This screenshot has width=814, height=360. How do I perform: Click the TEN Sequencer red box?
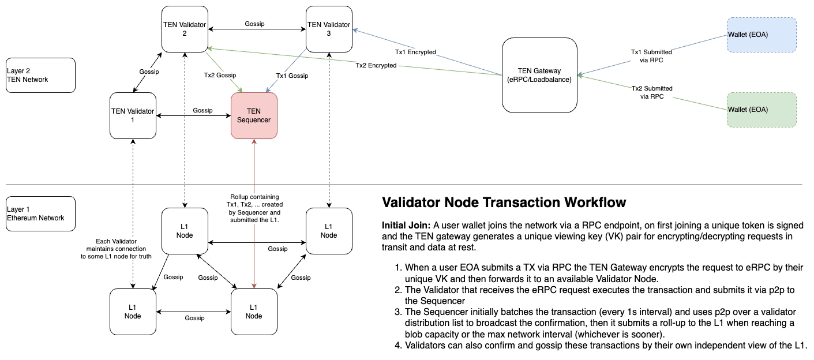pos(254,115)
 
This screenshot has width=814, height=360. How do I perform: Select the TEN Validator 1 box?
pos(133,115)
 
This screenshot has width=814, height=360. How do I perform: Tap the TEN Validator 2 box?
pos(185,29)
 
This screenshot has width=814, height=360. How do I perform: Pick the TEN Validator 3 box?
pos(329,29)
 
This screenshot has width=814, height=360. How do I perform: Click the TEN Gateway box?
pos(539,75)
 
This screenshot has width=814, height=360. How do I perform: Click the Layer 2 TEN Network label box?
pos(40,75)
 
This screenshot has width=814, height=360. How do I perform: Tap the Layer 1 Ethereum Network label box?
pos(40,213)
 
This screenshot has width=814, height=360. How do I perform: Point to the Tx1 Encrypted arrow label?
pos(415,52)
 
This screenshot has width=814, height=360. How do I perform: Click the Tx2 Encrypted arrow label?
pos(376,65)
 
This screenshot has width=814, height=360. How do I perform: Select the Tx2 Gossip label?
pos(220,76)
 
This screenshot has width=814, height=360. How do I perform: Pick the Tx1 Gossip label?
pos(292,76)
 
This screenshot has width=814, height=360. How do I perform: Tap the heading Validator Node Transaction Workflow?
pos(504,202)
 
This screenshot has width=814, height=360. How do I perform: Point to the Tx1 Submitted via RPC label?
pos(652,56)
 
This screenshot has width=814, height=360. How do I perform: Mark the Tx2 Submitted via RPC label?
pos(652,92)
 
